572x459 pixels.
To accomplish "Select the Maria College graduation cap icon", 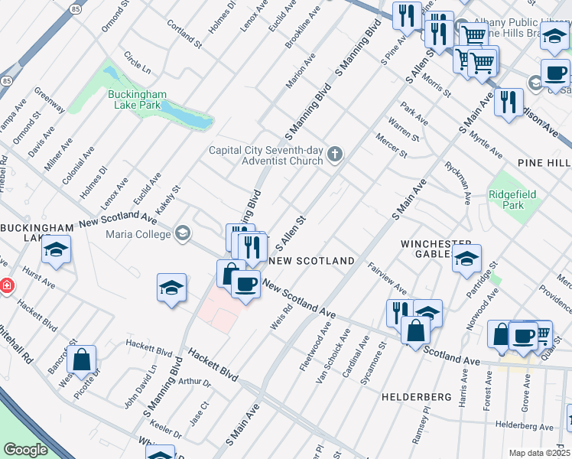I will [182, 233].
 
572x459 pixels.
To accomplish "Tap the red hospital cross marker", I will [6, 285].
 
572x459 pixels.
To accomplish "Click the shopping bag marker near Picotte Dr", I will [81, 359].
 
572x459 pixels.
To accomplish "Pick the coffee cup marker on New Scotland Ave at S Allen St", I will [245, 285].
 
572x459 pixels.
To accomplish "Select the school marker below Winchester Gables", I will [466, 259].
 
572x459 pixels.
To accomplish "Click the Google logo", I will [25, 450].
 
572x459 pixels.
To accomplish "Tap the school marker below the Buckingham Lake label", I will [56, 250].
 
